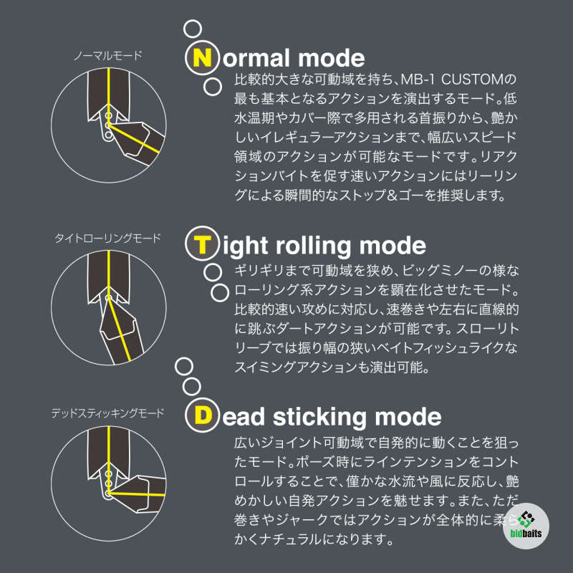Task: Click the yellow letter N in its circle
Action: coord(202,58)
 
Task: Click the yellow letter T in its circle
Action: coord(202,244)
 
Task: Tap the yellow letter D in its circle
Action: coord(203,415)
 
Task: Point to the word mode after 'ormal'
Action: coord(331,59)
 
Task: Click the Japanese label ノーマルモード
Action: coord(108,56)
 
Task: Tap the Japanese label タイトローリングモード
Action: coord(107,239)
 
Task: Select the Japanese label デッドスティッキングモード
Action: coord(108,413)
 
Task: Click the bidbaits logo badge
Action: coord(526,526)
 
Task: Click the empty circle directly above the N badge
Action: coord(193,29)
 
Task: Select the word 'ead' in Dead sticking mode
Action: coord(244,418)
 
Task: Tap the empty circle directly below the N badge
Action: coord(212,87)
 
